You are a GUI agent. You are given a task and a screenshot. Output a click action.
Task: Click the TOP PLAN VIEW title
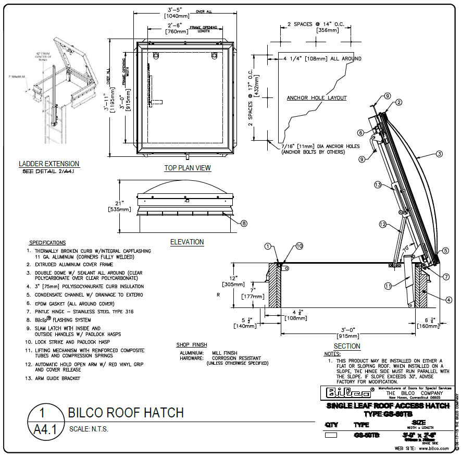click(x=188, y=168)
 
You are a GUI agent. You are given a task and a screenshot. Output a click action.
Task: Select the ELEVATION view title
click(x=187, y=242)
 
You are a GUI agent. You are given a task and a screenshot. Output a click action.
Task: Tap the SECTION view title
click(x=347, y=346)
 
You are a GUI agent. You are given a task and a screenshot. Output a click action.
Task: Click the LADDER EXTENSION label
click(x=49, y=164)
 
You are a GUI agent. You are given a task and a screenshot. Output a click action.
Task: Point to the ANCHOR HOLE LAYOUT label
click(x=317, y=97)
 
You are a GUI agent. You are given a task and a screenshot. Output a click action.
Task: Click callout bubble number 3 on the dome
click(x=439, y=154)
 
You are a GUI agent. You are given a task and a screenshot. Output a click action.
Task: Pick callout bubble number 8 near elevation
click(x=244, y=223)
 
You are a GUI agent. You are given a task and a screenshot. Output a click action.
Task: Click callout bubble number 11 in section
click(x=388, y=286)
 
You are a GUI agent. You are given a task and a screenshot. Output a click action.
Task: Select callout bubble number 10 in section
click(x=299, y=246)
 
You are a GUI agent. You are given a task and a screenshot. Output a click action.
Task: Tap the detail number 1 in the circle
click(x=43, y=413)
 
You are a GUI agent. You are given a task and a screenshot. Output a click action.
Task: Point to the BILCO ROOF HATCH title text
click(x=126, y=413)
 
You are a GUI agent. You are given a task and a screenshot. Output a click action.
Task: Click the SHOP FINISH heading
click(x=192, y=345)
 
